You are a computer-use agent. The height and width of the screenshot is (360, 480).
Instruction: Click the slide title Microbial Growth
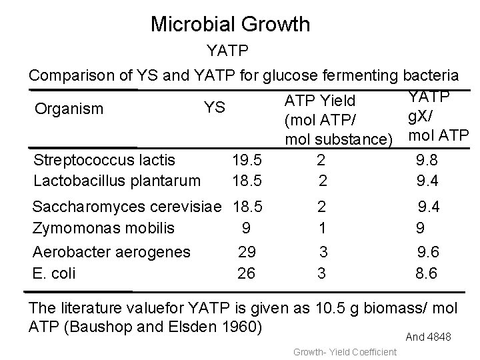pos(230,25)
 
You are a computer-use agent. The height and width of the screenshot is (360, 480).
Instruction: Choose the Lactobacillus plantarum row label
pos(116,180)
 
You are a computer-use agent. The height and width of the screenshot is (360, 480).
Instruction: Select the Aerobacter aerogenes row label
pos(111,252)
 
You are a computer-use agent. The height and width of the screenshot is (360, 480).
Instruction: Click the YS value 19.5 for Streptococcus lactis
pos(246,160)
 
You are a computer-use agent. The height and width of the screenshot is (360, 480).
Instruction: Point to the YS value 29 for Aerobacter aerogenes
pos(247,252)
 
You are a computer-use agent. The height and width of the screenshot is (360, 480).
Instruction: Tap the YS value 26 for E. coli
pos(247,272)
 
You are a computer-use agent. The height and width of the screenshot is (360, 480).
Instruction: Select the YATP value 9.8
pos(427,160)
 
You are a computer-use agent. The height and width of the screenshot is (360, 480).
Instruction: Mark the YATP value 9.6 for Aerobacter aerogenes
pos(428,252)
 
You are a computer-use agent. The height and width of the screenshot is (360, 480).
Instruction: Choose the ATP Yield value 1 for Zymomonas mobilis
pos(323,227)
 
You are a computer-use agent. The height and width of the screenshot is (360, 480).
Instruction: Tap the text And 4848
pos(429,337)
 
